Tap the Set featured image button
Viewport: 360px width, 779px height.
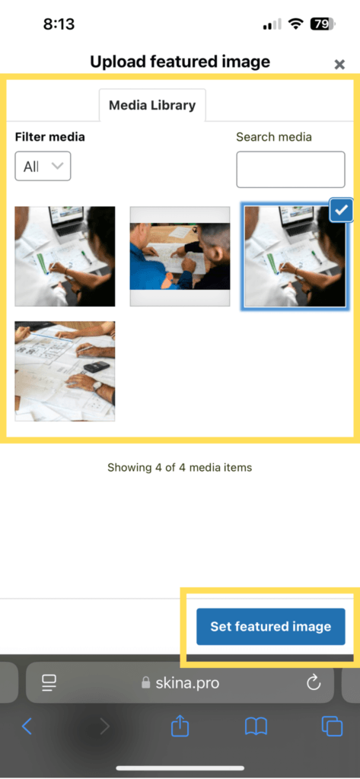point(270,627)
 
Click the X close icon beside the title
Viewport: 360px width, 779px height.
point(339,64)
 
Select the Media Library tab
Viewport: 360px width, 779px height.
point(152,105)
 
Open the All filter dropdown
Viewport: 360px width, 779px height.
point(43,166)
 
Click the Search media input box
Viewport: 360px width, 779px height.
point(291,170)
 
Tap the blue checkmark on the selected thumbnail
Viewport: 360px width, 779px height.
point(341,211)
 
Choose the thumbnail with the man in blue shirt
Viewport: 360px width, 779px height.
point(180,256)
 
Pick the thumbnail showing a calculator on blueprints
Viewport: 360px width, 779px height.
point(65,371)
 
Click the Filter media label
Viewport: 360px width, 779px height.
point(50,137)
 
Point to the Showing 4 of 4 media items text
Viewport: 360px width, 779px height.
point(180,467)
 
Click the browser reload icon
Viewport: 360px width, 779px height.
point(314,683)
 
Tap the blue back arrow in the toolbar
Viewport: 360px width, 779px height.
point(27,727)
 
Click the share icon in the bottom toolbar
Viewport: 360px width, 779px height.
point(180,726)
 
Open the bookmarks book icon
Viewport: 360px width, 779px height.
point(256,727)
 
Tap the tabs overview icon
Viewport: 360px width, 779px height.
point(332,727)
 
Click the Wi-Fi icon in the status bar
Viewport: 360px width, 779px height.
point(296,24)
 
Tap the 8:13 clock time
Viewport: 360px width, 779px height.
point(59,24)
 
